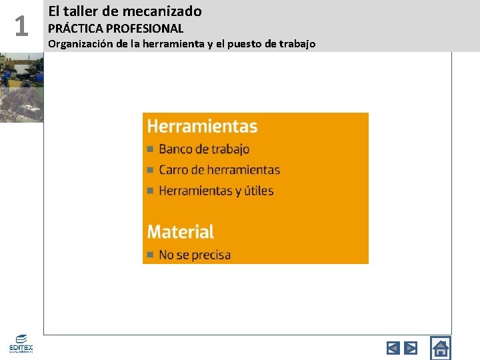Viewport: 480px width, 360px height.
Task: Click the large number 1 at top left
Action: [x=21, y=26]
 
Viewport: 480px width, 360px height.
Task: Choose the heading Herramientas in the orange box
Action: [x=202, y=126]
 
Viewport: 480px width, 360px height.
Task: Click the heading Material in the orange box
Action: [x=180, y=232]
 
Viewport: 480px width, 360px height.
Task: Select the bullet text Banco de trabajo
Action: [x=204, y=149]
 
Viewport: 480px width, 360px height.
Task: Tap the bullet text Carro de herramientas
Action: [x=219, y=170]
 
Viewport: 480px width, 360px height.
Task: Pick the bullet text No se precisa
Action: [x=195, y=255]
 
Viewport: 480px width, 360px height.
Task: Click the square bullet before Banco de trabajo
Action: [x=151, y=149]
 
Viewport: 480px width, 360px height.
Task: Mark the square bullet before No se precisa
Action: [x=151, y=255]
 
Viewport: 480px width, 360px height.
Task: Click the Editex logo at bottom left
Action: [x=21, y=343]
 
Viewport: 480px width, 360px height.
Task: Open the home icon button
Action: [x=441, y=347]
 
